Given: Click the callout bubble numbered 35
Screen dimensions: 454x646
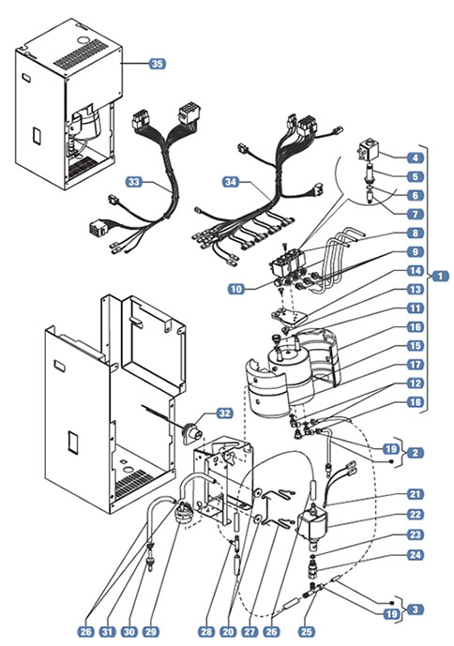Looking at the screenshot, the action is (157, 64).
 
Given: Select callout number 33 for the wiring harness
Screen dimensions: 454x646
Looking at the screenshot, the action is (134, 182).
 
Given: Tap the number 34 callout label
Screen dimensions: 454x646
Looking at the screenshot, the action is (232, 182).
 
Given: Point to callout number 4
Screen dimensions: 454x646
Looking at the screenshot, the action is (416, 158).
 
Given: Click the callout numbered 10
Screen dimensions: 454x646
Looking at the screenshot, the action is (236, 289).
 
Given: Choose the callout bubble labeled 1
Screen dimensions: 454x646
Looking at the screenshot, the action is (440, 276).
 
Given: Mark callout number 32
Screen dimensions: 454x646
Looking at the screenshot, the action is (225, 413).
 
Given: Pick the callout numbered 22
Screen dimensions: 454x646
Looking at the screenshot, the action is (416, 514).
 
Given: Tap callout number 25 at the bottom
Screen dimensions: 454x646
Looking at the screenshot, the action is (307, 632).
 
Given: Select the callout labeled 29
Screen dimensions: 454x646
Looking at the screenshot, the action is (150, 632).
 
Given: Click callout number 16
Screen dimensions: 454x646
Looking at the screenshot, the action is (416, 327).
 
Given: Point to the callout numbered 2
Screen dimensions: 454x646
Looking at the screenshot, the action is (416, 453).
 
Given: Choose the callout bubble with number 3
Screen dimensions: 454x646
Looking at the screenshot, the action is (416, 609).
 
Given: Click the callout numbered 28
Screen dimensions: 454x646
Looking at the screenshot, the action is (206, 632).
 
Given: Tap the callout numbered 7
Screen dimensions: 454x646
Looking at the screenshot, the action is (416, 214).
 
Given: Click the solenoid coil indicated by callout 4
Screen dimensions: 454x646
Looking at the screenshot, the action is (367, 151).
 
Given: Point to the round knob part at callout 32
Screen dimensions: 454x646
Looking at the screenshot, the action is (191, 432).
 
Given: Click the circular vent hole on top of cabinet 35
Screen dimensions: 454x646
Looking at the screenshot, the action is (83, 41).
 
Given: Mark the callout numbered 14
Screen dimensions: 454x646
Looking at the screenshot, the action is (416, 271).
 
